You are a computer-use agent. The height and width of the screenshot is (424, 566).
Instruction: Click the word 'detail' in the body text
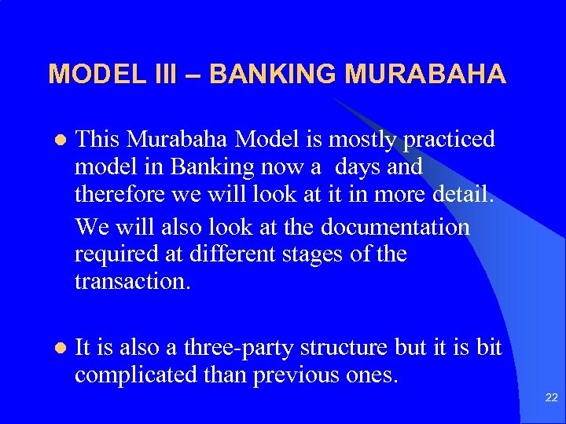click(x=465, y=196)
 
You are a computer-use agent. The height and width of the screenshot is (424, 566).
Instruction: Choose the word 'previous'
click(x=299, y=375)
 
